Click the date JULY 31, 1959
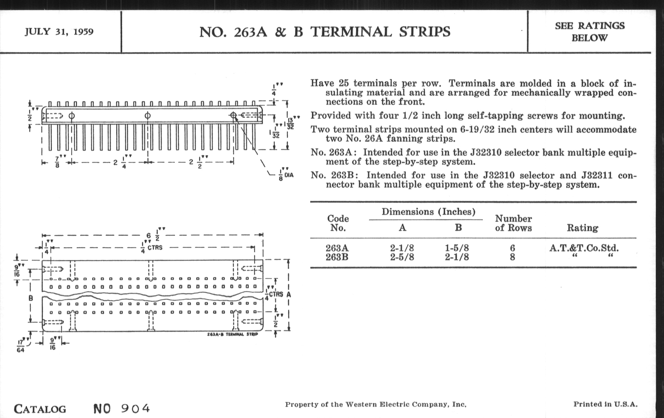pyautogui.click(x=59, y=32)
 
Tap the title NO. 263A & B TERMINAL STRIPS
pyautogui.click(x=325, y=32)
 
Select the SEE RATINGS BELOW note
pyautogui.click(x=589, y=32)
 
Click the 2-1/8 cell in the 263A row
pyautogui.click(x=402, y=248)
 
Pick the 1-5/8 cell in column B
pyautogui.click(x=457, y=248)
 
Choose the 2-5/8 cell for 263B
pyautogui.click(x=402, y=257)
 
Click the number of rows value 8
pyautogui.click(x=512, y=257)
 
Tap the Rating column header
pyautogui.click(x=582, y=228)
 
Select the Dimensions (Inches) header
pyautogui.click(x=428, y=212)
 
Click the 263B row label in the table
pyautogui.click(x=337, y=257)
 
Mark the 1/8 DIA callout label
pyautogui.click(x=286, y=175)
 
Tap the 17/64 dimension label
pyautogui.click(x=21, y=346)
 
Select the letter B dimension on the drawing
pyautogui.click(x=31, y=298)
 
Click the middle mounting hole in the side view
pyautogui.click(x=147, y=115)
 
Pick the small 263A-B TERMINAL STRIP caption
pyautogui.click(x=232, y=334)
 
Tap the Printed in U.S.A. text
pyautogui.click(x=606, y=405)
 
